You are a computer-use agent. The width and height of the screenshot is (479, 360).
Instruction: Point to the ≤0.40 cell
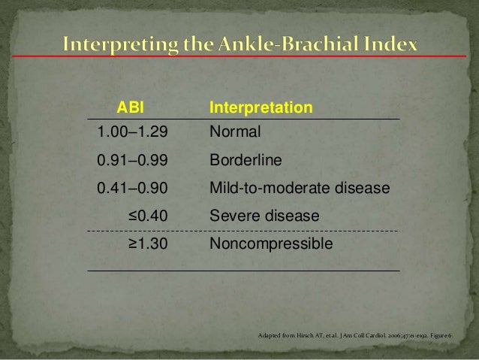(x=147, y=217)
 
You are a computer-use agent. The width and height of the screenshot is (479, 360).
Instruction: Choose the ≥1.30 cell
(x=147, y=245)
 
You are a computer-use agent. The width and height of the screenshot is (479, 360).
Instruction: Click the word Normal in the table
(x=235, y=133)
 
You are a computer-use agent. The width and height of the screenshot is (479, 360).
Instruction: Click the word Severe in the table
(x=234, y=217)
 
